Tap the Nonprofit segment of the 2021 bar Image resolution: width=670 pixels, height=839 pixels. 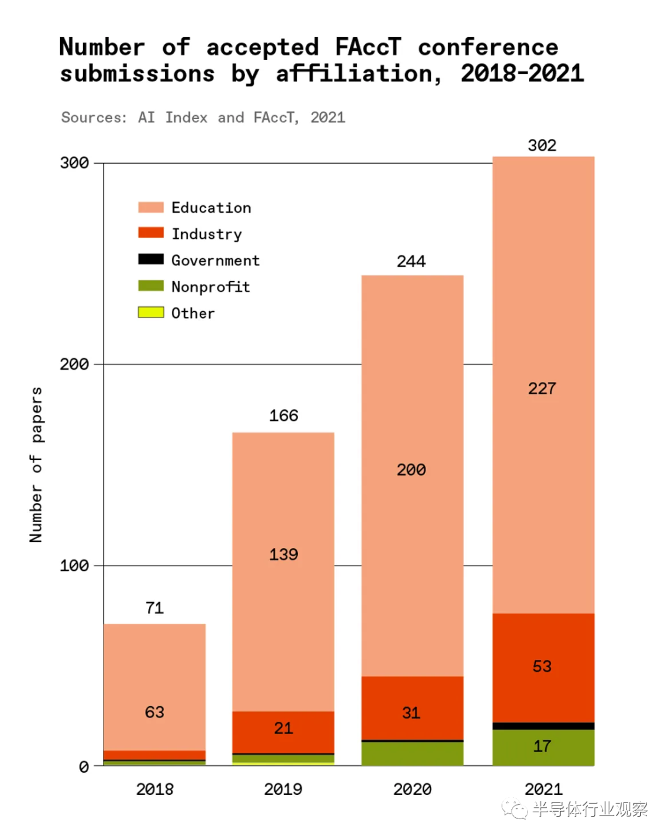click(543, 747)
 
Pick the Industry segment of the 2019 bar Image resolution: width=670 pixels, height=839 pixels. click(283, 732)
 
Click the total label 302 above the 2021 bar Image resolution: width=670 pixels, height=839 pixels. click(542, 146)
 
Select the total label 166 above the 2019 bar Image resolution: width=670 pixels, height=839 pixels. click(284, 415)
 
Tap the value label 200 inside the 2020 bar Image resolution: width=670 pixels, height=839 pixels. click(411, 470)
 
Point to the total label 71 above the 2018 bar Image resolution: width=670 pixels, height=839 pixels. click(154, 608)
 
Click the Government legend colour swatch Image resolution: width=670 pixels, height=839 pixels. click(151, 259)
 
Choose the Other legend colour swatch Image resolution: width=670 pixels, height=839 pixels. click(151, 312)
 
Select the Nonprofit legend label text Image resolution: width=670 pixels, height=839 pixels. click(210, 286)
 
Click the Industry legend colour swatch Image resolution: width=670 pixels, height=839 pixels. click(151, 233)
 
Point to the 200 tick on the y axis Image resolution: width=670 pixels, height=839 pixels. click(74, 364)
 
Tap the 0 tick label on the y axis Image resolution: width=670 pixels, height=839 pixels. click(84, 768)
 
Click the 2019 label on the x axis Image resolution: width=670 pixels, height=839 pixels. click(283, 789)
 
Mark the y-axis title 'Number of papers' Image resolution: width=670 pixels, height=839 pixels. click(36, 465)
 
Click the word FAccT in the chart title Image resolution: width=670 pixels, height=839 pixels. click(368, 47)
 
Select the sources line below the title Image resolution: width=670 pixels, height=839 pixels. click(203, 118)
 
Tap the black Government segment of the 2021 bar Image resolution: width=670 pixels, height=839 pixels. click(543, 726)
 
